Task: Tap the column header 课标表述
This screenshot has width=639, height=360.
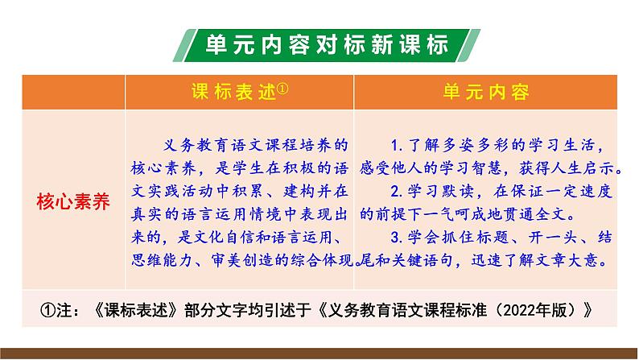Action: [233, 91]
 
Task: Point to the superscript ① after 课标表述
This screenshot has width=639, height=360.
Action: [282, 88]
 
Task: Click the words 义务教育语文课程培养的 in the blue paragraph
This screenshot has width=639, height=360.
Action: [249, 146]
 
